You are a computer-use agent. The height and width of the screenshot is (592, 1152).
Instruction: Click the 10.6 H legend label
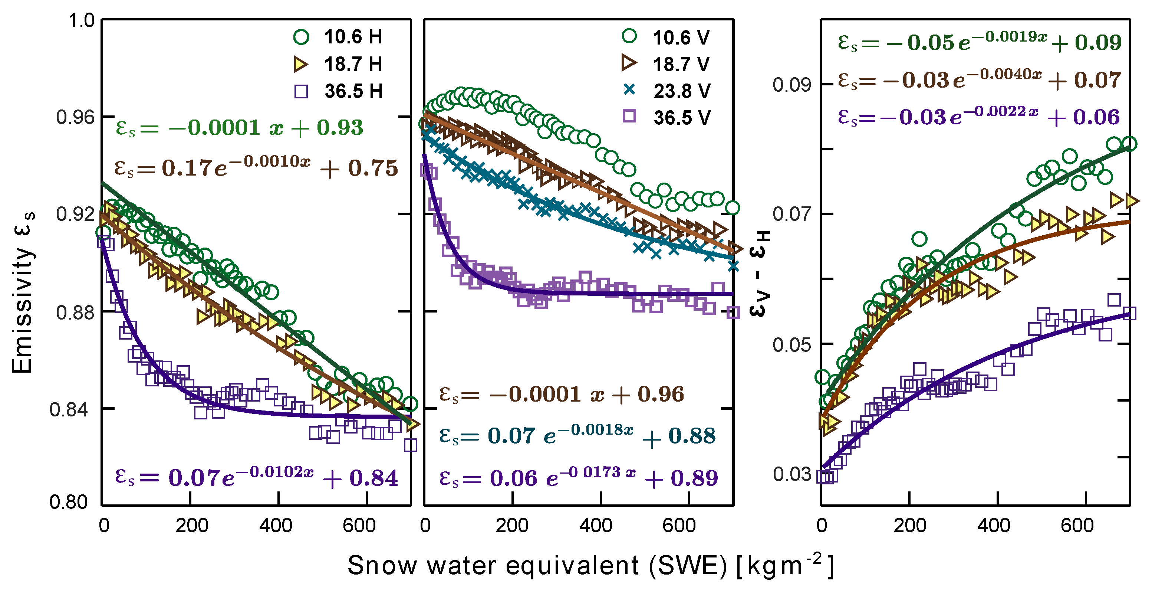tap(353, 37)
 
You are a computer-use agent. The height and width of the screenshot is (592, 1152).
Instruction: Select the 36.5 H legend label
tap(353, 91)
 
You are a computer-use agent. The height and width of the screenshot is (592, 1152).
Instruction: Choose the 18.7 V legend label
tap(681, 64)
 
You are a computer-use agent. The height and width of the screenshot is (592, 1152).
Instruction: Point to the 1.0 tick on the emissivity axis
tap(81, 20)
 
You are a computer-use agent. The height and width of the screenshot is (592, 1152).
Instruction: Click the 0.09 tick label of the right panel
tap(791, 85)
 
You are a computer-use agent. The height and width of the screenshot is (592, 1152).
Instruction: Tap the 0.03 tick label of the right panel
tap(791, 474)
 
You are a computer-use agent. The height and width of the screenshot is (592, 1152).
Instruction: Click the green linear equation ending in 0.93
tap(239, 128)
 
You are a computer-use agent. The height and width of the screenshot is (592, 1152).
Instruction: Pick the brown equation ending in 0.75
tap(256, 168)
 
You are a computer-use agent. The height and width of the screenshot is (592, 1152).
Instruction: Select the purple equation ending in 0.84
tap(256, 477)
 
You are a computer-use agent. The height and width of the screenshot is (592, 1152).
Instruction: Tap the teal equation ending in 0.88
tap(577, 435)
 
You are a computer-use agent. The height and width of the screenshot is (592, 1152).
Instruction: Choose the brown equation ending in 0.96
tap(561, 394)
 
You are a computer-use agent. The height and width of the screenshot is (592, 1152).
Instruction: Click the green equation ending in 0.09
tap(980, 42)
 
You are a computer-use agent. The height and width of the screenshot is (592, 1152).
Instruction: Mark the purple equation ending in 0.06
tap(978, 117)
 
